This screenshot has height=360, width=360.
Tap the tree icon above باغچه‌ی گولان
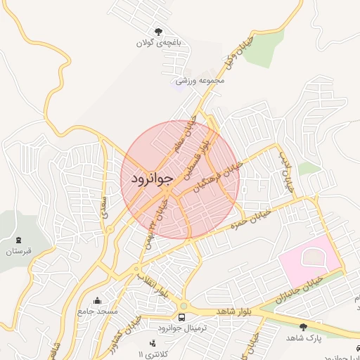coord(160,31)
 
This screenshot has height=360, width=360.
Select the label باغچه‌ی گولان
coord(160,43)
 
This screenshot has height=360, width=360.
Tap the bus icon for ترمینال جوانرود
coord(182,317)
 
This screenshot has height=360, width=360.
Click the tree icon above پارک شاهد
coord(303,326)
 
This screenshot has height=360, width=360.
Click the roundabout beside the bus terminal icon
coord(184,306)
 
